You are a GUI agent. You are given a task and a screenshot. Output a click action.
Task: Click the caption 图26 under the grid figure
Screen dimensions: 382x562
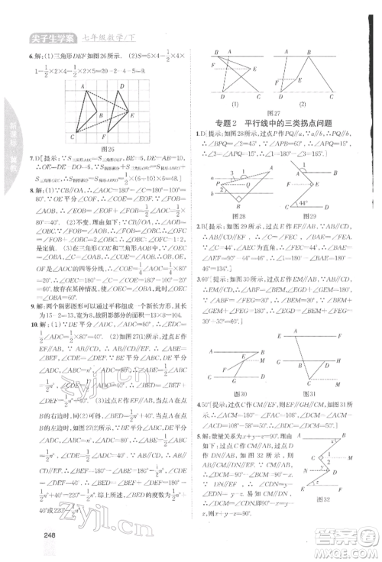[x=95, y=150]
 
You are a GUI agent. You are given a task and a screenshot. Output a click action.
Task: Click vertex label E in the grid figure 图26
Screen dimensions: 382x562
[x=133, y=114]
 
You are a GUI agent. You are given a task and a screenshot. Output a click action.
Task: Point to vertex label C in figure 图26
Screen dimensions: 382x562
[x=72, y=137]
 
